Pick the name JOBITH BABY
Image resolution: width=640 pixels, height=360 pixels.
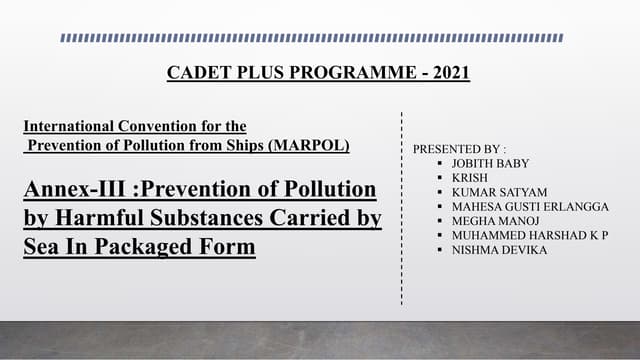pyautogui.click(x=491, y=162)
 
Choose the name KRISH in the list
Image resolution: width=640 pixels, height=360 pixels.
pyautogui.click(x=470, y=176)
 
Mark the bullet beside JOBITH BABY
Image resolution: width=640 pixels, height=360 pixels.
pyautogui.click(x=440, y=162)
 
